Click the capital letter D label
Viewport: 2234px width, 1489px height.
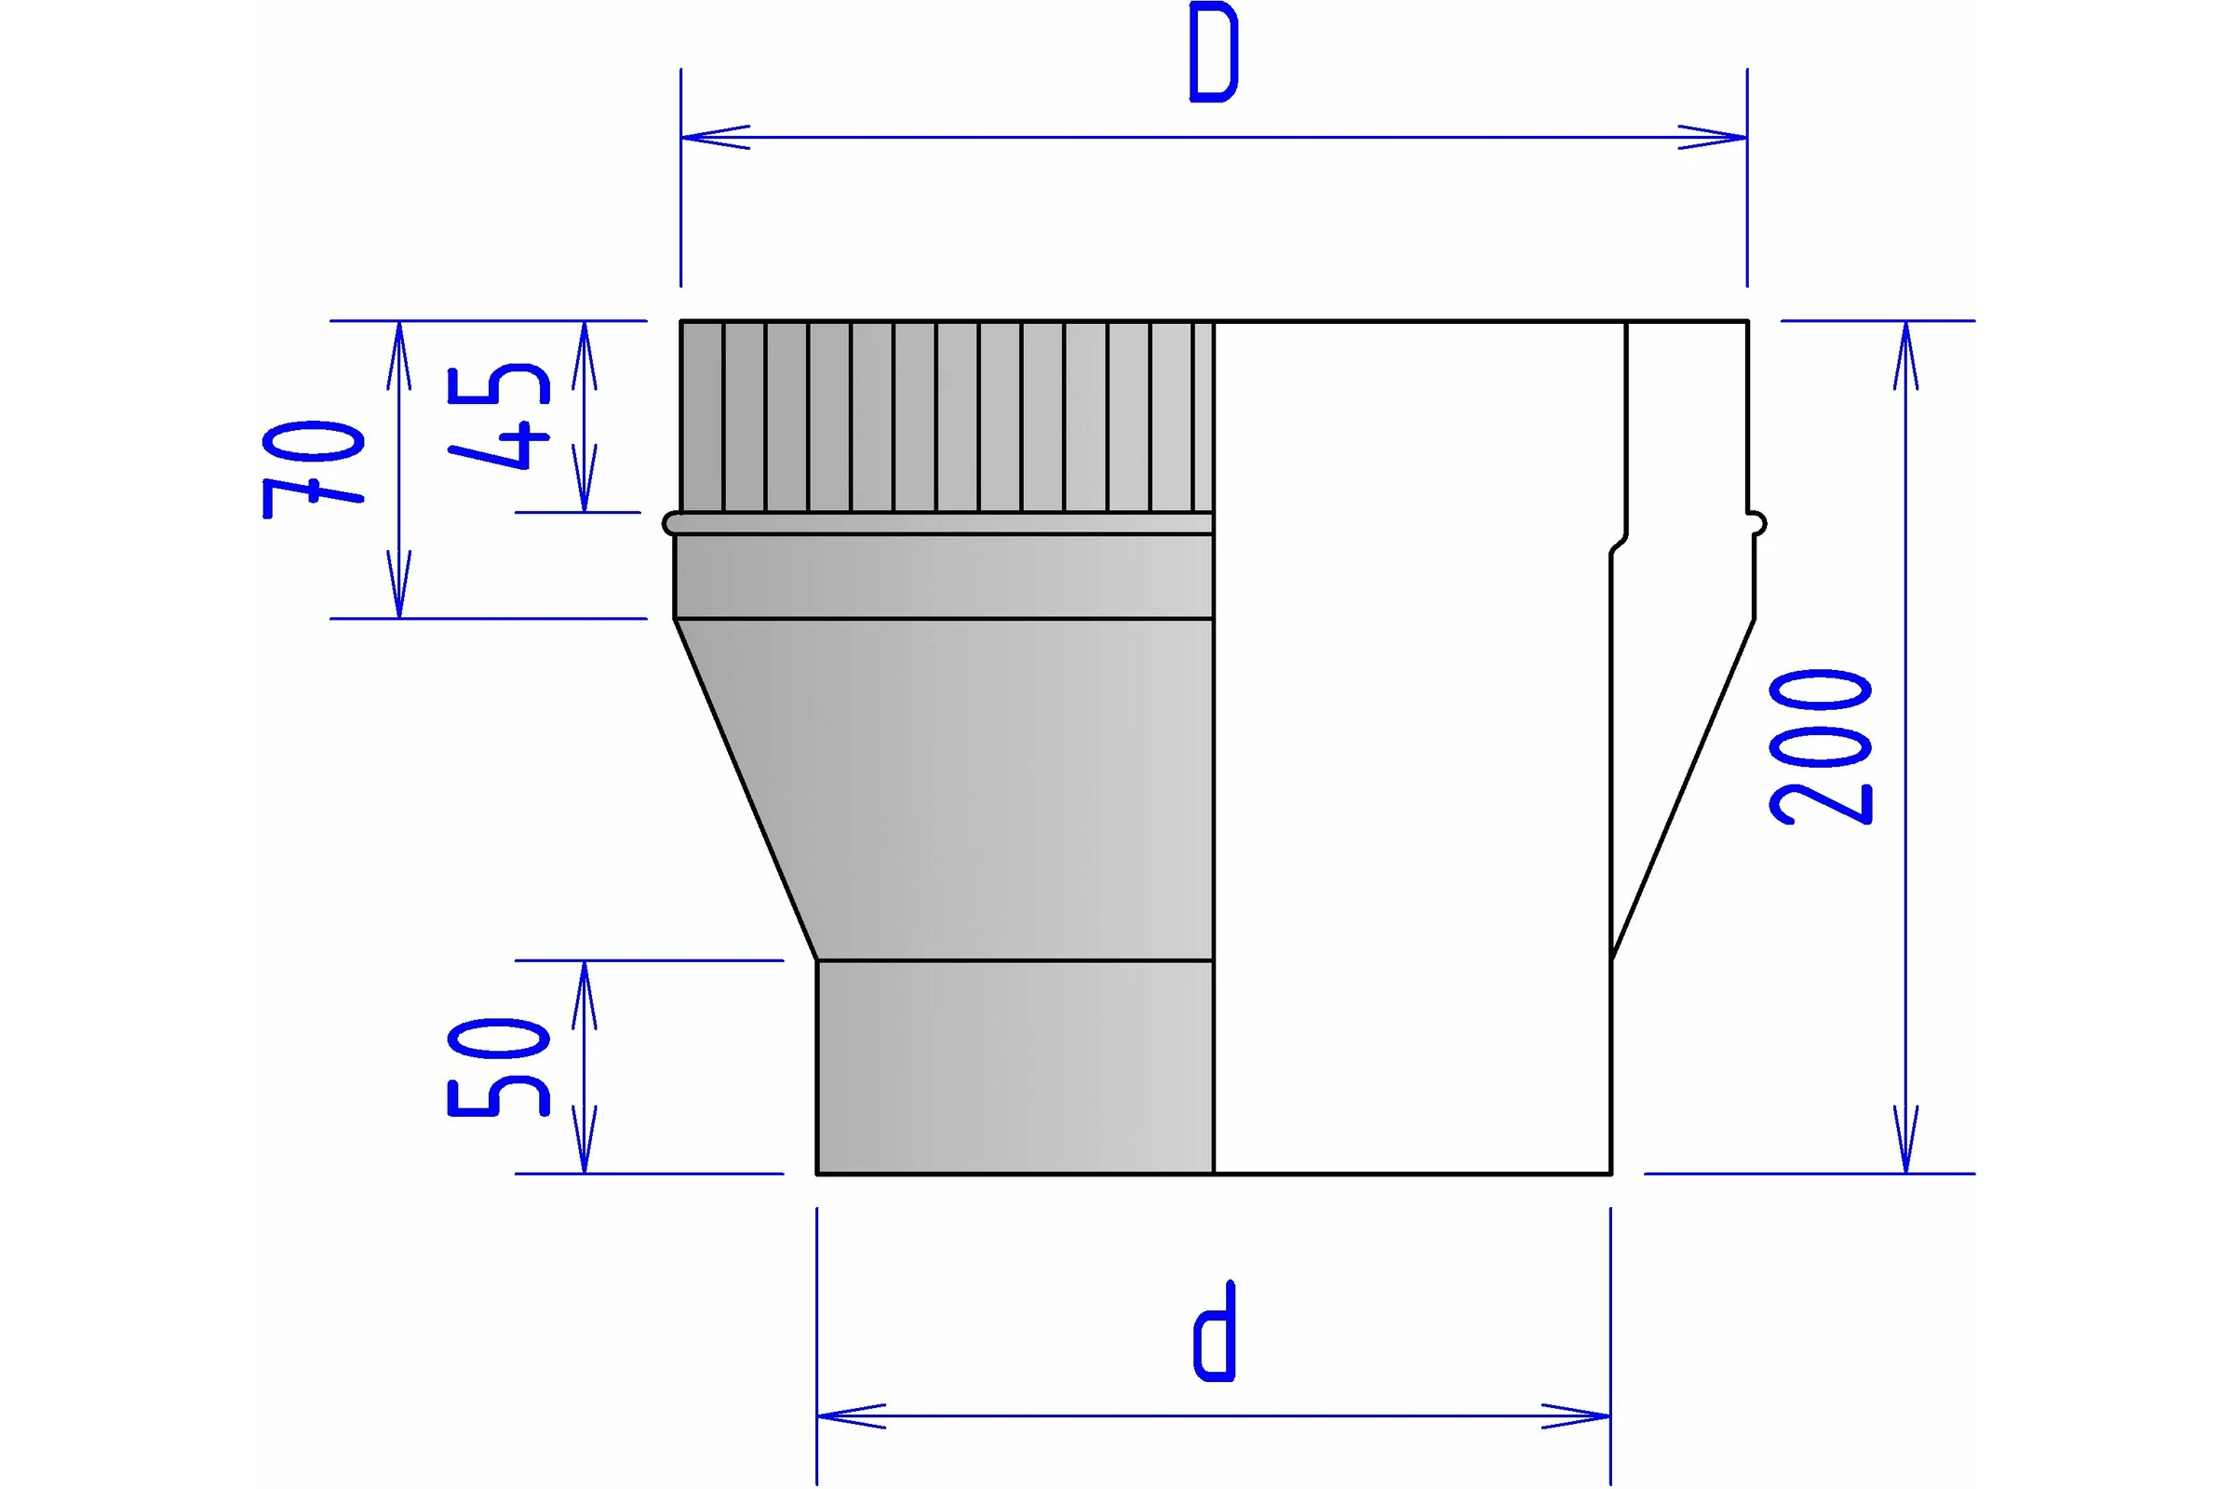1214,51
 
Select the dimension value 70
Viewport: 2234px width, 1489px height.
313,469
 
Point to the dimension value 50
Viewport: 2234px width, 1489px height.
498,1066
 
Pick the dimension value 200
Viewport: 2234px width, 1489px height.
1820,746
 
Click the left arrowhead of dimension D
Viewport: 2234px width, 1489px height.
715,137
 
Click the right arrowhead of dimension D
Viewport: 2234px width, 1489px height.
1713,137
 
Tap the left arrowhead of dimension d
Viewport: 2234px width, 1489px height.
851,1415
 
